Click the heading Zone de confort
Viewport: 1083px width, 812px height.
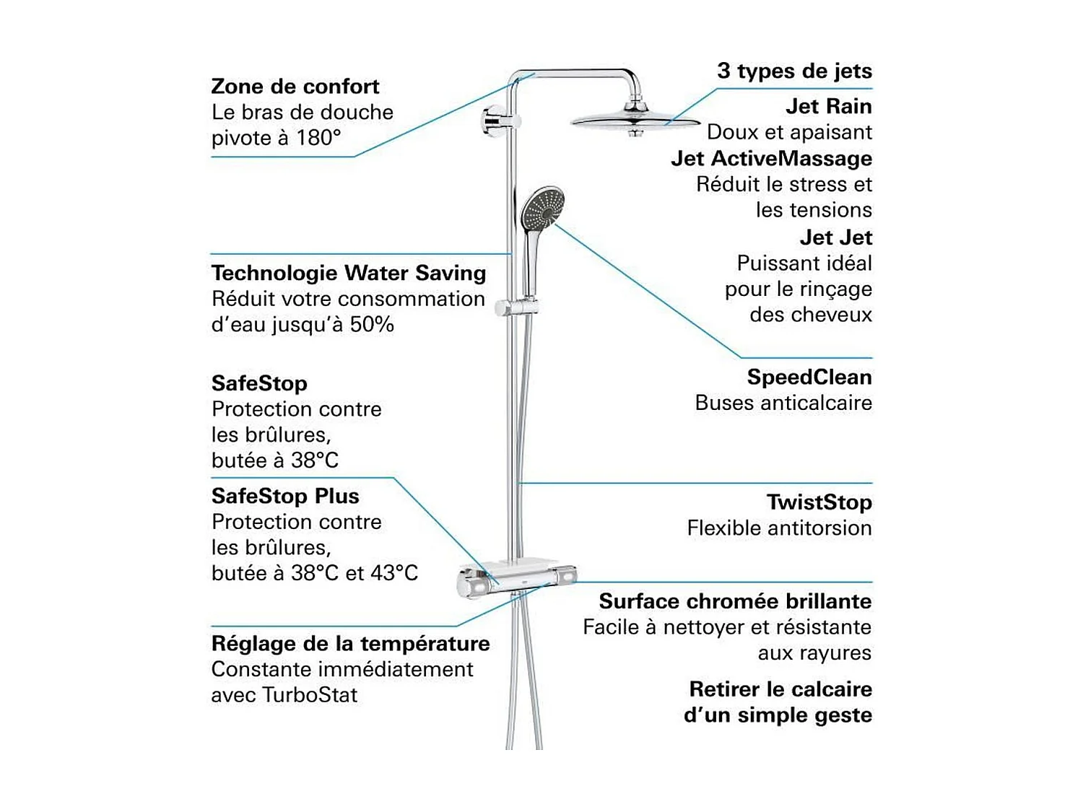[x=295, y=87]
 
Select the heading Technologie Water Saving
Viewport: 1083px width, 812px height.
[x=348, y=273]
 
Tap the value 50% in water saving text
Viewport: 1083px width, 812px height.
[x=372, y=325]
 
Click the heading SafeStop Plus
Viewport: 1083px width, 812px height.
[x=284, y=496]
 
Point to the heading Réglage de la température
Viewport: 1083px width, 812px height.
[x=350, y=643]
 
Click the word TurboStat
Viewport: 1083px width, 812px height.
[x=310, y=695]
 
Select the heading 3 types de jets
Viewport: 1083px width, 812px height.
[x=793, y=71]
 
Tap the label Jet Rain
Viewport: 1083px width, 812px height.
[x=828, y=106]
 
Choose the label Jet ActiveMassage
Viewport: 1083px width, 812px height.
[x=770, y=158]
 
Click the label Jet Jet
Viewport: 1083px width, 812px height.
[x=835, y=237]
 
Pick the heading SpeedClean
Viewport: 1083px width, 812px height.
[x=809, y=377]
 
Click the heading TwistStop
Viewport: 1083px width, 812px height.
[x=819, y=502]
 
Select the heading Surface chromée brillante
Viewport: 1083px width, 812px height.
[x=734, y=601]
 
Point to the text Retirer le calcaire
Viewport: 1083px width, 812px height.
[x=780, y=689]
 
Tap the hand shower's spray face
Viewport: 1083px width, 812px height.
[x=541, y=206]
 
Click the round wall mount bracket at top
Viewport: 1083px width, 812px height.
[x=495, y=120]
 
